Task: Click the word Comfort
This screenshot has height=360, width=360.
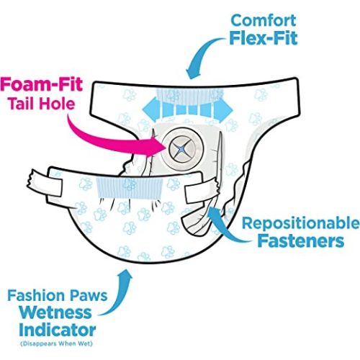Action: pos(263,20)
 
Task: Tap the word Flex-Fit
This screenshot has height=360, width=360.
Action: pos(264,38)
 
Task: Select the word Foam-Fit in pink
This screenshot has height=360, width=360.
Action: pos(41,84)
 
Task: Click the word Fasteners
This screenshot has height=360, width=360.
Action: pos(301,241)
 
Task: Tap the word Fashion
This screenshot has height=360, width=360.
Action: pos(36,296)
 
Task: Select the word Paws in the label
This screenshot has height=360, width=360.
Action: pos(89,296)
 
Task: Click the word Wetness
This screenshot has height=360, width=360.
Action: pos(55,312)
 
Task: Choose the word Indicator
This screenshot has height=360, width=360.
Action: pos(57,330)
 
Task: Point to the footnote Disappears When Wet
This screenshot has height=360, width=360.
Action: pos(56,343)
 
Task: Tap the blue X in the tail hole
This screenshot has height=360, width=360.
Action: pos(182,149)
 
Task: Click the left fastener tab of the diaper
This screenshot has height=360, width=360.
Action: pos(45,183)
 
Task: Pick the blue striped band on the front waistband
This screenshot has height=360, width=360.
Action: pos(130,189)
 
